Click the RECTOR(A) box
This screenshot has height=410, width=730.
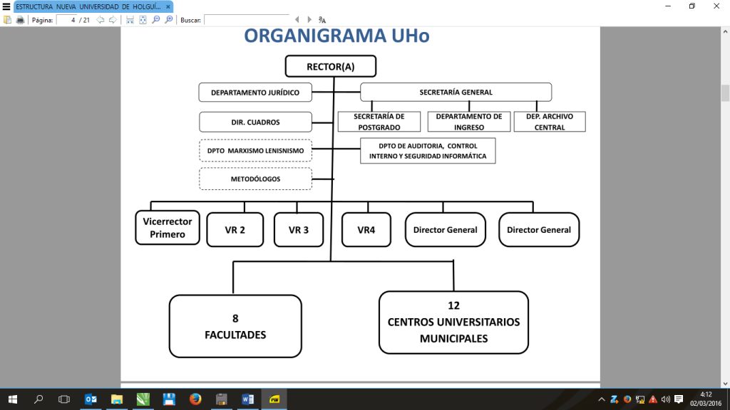tap(330, 67)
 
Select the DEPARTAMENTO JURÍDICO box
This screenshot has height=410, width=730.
tap(255, 93)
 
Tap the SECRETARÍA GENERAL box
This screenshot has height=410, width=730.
tap(456, 92)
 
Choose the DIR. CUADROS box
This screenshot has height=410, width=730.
tap(255, 122)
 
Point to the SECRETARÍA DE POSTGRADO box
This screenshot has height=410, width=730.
tap(379, 122)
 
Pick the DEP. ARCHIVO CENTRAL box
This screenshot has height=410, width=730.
tap(550, 122)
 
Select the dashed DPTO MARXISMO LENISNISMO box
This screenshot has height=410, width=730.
tap(255, 151)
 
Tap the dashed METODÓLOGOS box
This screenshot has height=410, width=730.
tap(255, 179)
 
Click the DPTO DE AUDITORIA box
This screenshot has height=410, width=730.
tap(428, 151)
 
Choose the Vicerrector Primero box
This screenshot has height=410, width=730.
tap(168, 228)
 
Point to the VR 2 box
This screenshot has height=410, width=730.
tap(235, 230)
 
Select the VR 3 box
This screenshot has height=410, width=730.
tap(299, 230)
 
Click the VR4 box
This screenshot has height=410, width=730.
tap(366, 230)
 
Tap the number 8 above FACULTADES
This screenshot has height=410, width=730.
tap(235, 318)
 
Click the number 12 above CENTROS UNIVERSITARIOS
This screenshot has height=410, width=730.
tap(453, 306)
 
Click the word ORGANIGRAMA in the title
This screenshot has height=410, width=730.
tap(307, 36)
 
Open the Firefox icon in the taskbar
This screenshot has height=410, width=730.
tap(195, 399)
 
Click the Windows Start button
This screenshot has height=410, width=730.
tap(12, 399)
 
